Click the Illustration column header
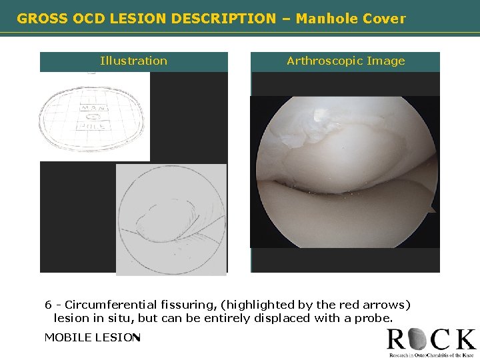tap(133, 61)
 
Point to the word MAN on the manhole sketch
tap(91, 107)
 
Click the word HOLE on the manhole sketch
tap(91, 125)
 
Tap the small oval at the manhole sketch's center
tap(91, 116)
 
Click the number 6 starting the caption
tap(48, 305)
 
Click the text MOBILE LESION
tap(91, 337)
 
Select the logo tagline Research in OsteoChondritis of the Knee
tap(431, 355)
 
